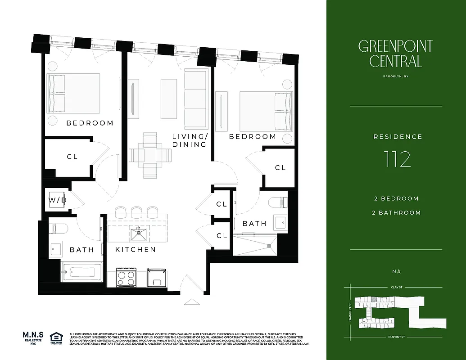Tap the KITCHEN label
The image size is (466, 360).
(x=135, y=249)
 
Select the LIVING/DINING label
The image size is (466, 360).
(x=190, y=140)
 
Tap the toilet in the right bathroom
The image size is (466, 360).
(x=276, y=202)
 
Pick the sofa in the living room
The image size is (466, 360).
(x=195, y=93)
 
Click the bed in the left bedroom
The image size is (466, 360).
(x=73, y=94)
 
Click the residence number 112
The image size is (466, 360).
(x=398, y=159)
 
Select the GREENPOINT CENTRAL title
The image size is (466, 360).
(x=395, y=54)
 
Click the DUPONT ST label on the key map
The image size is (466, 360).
(x=395, y=337)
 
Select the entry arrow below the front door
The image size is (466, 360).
(x=190, y=302)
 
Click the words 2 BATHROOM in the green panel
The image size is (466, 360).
(x=397, y=212)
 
